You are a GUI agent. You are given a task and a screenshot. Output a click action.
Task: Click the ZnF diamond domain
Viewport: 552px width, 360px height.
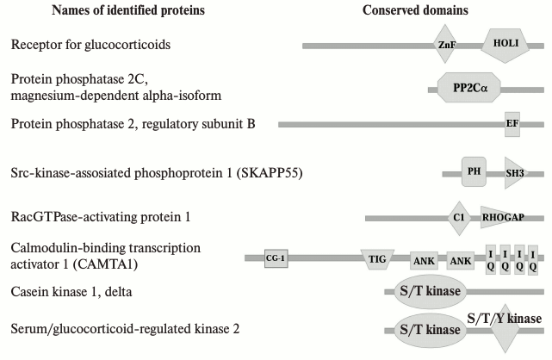[445, 44]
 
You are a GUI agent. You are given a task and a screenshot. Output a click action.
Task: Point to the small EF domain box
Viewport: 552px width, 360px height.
[512, 124]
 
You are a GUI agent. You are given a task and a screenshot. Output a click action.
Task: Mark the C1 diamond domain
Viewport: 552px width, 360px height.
[459, 218]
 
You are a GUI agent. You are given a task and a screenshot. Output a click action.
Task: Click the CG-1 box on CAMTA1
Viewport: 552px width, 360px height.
[276, 257]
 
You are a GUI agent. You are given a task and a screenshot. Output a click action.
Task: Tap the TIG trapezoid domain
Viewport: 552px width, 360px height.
[377, 257]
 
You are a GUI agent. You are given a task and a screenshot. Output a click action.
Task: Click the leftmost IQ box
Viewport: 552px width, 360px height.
[491, 258]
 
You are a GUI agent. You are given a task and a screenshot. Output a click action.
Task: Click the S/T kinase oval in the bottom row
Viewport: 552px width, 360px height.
[429, 330]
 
